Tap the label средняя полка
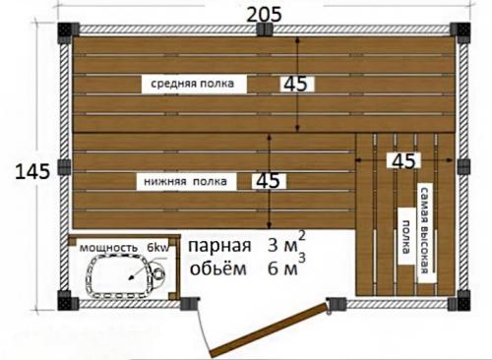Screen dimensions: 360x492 tap(193, 85)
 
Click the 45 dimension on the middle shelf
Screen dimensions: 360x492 tap(294, 85)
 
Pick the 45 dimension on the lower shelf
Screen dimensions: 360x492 tap(267, 181)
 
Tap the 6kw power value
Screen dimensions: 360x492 tap(157, 248)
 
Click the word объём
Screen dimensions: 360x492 tap(215, 268)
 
